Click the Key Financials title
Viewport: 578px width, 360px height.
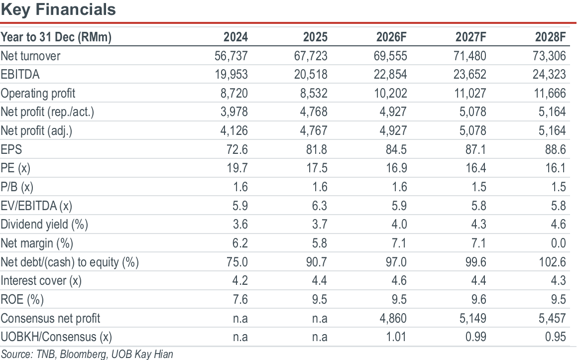(x=58, y=10)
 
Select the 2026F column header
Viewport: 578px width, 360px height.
(x=391, y=37)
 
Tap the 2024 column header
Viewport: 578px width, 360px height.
(x=235, y=37)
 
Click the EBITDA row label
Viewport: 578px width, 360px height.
(x=20, y=75)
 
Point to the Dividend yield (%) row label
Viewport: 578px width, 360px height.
(x=44, y=224)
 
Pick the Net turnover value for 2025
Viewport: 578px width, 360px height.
(x=310, y=56)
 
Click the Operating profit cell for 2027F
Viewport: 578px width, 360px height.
(x=469, y=93)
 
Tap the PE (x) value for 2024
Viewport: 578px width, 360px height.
(x=237, y=168)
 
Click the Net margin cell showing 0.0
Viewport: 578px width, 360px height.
(x=558, y=243)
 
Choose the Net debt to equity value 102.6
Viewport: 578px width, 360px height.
(x=552, y=262)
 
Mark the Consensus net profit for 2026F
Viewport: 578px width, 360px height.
(x=393, y=318)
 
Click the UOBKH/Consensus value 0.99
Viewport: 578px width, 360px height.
(x=475, y=337)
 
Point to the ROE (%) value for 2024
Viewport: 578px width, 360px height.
(x=240, y=299)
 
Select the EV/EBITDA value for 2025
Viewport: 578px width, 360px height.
(x=320, y=206)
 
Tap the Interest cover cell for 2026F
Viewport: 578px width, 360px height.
(x=399, y=280)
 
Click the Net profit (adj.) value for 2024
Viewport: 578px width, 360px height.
(x=234, y=130)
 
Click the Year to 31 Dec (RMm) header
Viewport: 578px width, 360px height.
(x=56, y=37)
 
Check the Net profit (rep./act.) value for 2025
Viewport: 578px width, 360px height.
(x=313, y=112)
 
